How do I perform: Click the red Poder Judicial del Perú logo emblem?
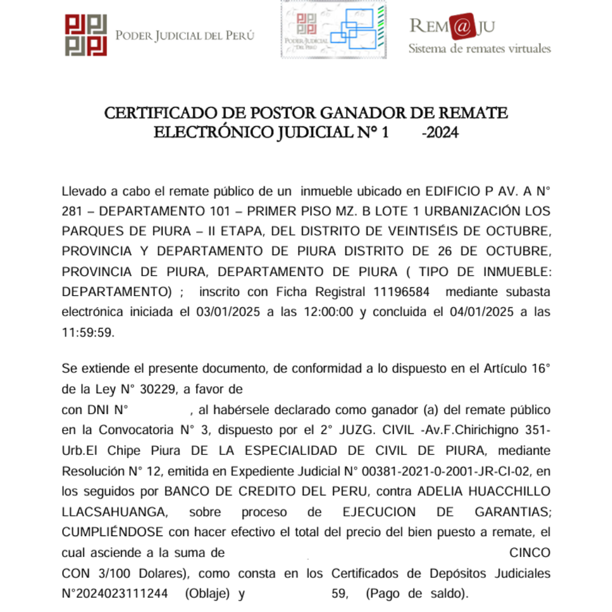(x=86, y=35)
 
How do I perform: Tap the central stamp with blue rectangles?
(x=333, y=29)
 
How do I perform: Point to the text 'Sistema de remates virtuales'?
(x=479, y=48)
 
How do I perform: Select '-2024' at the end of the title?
(x=440, y=131)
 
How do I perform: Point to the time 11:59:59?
(x=87, y=332)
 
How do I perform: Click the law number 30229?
(x=157, y=390)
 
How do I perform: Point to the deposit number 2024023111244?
(x=119, y=594)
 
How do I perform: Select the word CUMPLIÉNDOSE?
(x=114, y=532)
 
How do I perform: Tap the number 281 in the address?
(x=74, y=211)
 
